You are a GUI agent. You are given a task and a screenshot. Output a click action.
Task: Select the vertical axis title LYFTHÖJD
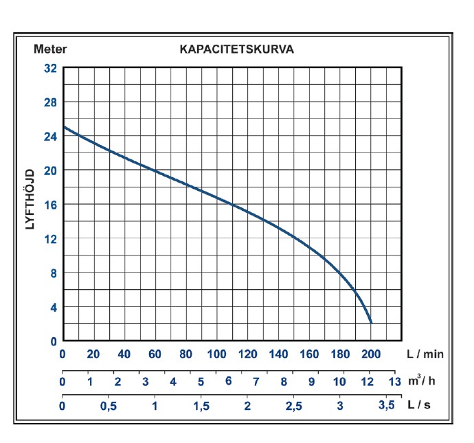pyautogui.click(x=30, y=199)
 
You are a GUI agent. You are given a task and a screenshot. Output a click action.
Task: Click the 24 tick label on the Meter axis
pyautogui.click(x=50, y=136)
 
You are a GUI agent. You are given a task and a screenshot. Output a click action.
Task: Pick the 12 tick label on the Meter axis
pyautogui.click(x=50, y=238)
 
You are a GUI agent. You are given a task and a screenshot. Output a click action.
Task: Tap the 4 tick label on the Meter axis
pyautogui.click(x=53, y=307)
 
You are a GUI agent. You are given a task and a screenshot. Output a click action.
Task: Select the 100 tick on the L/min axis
pyautogui.click(x=216, y=354)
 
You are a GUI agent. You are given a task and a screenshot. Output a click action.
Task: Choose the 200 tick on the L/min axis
pyautogui.click(x=371, y=354)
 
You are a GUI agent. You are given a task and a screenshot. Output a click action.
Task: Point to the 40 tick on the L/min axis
pyautogui.click(x=124, y=354)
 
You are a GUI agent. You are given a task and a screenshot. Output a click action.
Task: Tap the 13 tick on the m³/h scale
pyautogui.click(x=394, y=381)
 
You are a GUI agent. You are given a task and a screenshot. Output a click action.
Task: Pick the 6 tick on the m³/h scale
pyautogui.click(x=228, y=381)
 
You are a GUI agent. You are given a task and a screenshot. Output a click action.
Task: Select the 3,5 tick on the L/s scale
pyautogui.click(x=387, y=405)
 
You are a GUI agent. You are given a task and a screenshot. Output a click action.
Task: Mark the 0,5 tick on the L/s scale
pyautogui.click(x=109, y=406)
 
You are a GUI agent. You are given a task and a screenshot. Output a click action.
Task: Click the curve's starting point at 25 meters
pyautogui.click(x=63, y=127)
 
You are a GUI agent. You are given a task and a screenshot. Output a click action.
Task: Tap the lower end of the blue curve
pyautogui.click(x=371, y=322)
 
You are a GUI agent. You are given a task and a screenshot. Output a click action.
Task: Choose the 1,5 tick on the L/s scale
pyautogui.click(x=201, y=406)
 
